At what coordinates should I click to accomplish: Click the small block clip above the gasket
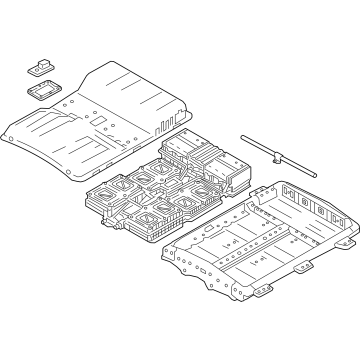39,66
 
